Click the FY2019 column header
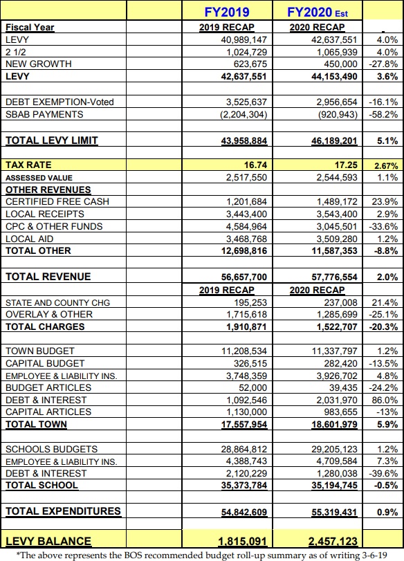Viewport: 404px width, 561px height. coord(227,12)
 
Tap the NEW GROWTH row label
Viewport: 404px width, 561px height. coord(38,64)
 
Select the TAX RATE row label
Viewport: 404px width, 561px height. coord(28,165)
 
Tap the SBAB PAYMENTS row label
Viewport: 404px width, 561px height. coord(44,114)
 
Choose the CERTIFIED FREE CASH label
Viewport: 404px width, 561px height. coord(57,201)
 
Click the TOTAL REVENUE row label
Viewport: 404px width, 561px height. coord(48,277)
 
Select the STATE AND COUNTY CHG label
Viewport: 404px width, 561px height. coord(57,303)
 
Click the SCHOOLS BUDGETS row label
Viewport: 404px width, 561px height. coord(51,449)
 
